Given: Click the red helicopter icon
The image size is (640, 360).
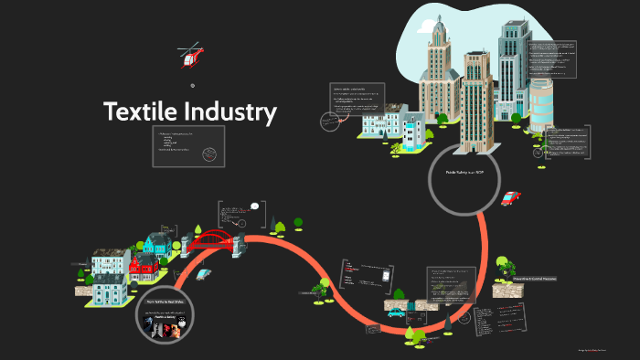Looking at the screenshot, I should tap(190, 57).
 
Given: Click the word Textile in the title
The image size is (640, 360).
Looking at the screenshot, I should tap(144, 111).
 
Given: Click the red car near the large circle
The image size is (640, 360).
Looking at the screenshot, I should tap(510, 197).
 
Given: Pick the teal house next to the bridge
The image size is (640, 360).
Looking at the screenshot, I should tap(157, 244).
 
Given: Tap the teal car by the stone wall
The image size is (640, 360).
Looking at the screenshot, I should tap(396, 312).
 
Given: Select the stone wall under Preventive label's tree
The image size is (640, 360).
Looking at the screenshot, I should tap(507, 291).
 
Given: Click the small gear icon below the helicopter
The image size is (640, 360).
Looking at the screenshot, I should tap(192, 86).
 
